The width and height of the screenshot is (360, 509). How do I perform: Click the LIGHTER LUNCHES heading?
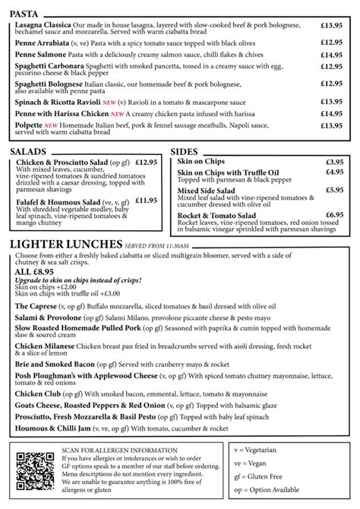point(65,245)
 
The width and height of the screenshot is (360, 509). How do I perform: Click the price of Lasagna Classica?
point(331,25)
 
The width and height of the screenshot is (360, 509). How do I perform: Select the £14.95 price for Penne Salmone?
point(331,55)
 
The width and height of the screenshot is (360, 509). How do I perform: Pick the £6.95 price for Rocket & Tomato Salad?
point(334,215)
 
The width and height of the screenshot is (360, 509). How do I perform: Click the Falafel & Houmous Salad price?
point(146,201)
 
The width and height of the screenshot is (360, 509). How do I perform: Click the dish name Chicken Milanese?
point(48,345)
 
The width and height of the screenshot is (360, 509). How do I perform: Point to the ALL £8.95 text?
point(33,271)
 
